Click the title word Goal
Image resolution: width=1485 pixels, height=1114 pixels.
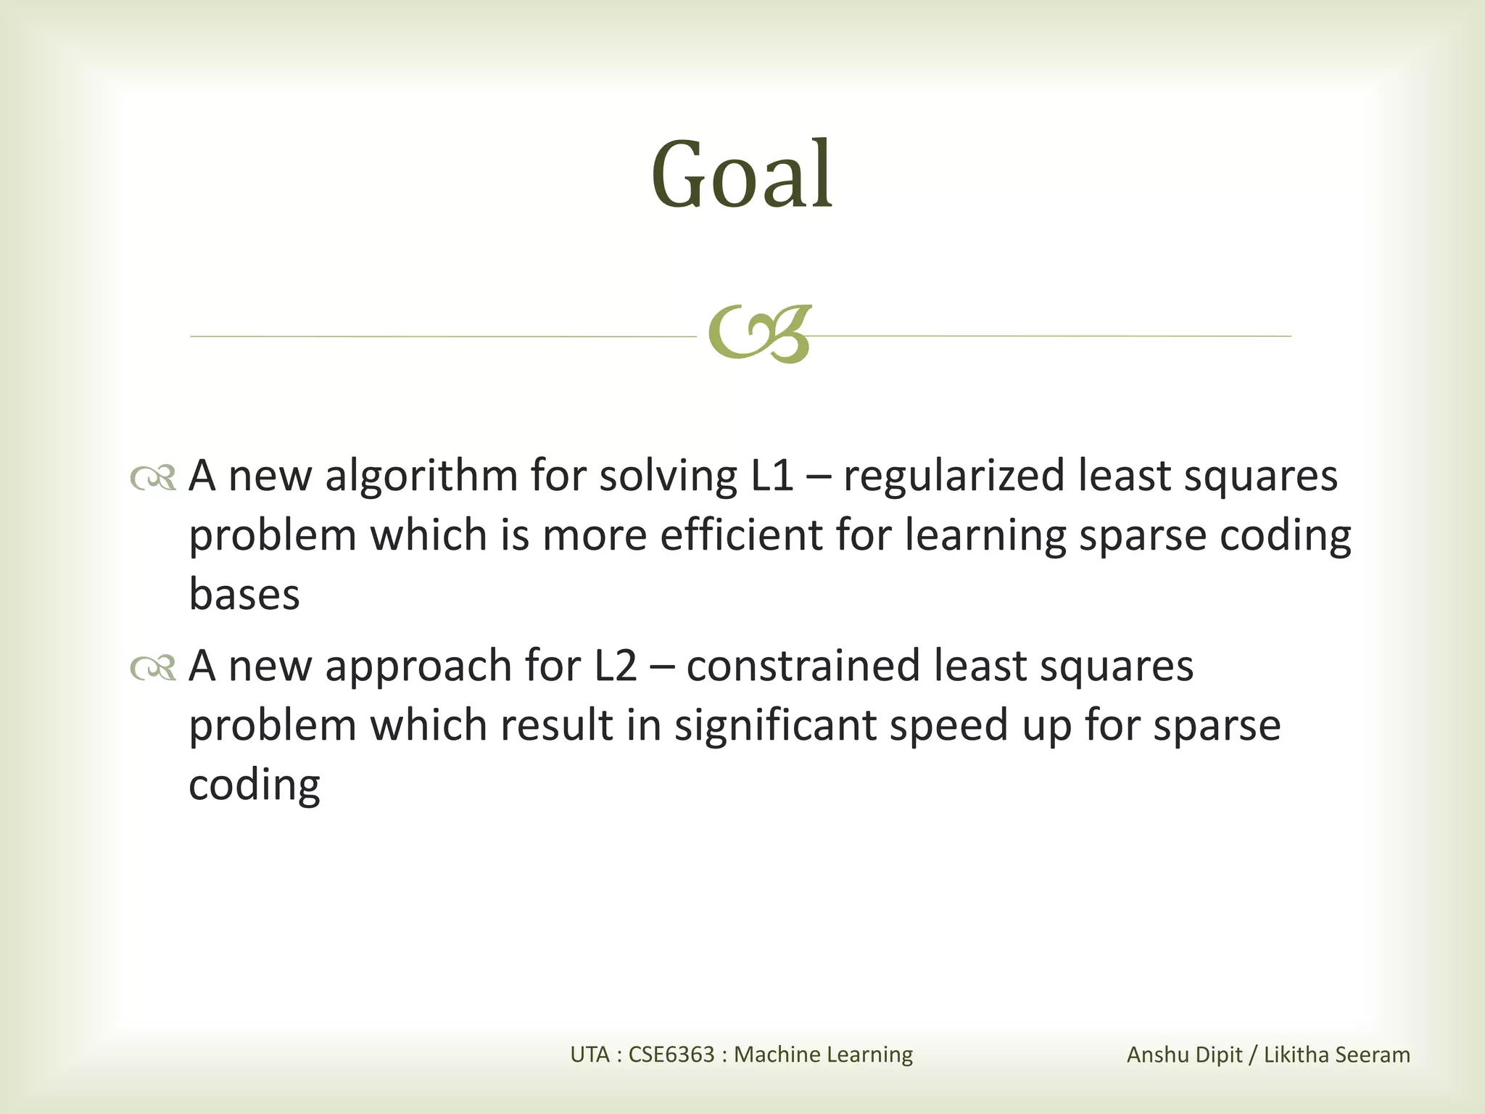coord(742,176)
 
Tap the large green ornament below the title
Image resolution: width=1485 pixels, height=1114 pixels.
coord(758,334)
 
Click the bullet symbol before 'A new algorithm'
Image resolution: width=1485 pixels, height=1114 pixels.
coord(153,478)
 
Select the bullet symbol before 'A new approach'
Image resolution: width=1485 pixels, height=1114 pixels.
coord(153,668)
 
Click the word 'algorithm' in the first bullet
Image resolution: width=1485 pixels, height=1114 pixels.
coord(421,476)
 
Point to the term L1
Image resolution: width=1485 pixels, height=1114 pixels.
coord(772,476)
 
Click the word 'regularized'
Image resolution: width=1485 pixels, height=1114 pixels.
coord(953,476)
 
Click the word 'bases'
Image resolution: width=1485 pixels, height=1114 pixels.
coord(244,595)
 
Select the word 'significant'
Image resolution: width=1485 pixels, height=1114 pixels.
coord(775,726)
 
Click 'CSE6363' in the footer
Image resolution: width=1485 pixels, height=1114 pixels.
coord(671,1055)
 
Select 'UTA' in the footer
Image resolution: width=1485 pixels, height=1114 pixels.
coord(590,1055)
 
